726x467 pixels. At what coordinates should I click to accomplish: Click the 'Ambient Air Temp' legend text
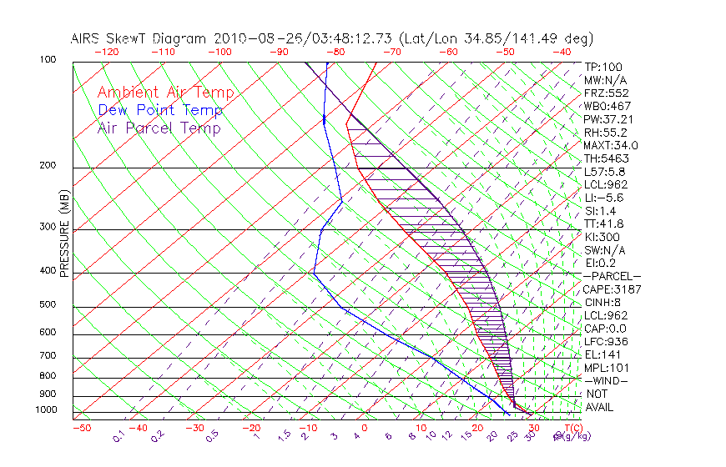tap(166, 93)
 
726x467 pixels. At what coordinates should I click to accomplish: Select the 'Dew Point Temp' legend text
tap(160, 110)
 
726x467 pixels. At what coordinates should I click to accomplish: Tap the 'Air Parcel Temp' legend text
tap(159, 128)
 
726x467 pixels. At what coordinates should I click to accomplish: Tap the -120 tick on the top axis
tap(106, 51)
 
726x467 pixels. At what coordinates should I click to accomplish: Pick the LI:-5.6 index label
tap(603, 198)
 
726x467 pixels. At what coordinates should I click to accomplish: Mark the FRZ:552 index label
tap(606, 93)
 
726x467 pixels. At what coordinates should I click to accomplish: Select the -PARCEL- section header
tap(612, 276)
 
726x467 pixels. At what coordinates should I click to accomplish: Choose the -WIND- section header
tap(607, 380)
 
